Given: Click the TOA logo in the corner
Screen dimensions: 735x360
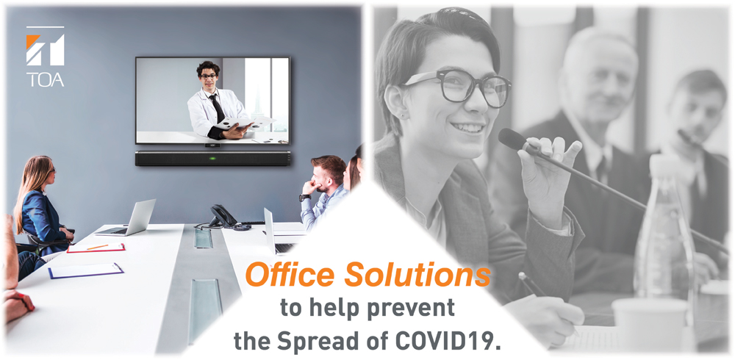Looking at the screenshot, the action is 45,57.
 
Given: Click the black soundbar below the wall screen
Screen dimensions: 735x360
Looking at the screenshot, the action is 212,158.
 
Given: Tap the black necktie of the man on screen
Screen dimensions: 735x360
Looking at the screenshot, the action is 217,108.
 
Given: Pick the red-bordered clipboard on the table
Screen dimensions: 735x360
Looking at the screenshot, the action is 96,248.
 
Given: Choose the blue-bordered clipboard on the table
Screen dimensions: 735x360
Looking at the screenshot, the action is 86,270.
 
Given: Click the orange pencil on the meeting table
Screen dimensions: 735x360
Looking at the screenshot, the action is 98,247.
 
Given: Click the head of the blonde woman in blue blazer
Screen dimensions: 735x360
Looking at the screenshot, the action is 42,172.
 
